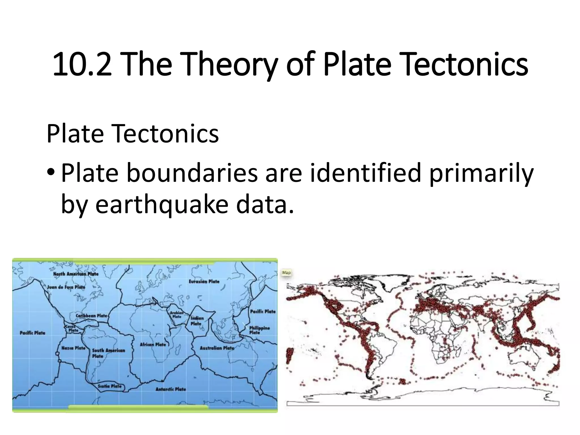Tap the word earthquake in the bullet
point(161,204)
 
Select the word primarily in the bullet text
point(481,173)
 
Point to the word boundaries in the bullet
point(192,173)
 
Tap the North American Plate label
point(76,274)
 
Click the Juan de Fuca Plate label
point(66,287)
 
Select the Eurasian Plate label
point(204,282)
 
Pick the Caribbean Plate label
point(91,315)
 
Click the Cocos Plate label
point(73,328)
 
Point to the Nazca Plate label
point(73,348)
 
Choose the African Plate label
point(153,344)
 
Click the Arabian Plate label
point(177,315)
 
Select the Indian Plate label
point(197,321)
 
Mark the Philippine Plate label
point(259,330)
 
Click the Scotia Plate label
point(110,386)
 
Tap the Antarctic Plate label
point(170,389)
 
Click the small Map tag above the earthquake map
point(286,273)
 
